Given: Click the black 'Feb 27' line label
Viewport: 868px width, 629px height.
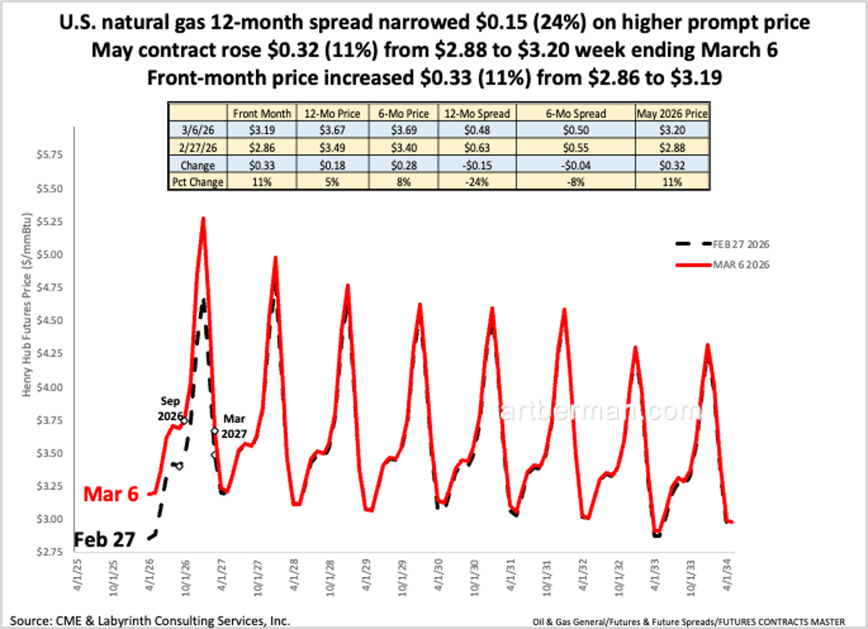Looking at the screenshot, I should (x=106, y=539).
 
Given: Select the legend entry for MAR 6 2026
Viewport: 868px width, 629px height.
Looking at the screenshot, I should (x=738, y=265).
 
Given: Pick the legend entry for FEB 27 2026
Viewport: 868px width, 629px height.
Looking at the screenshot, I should (x=738, y=244).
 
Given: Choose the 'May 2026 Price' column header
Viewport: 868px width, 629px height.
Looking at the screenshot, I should (x=671, y=113).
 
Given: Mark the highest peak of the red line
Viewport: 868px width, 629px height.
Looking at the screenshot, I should (x=203, y=218).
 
